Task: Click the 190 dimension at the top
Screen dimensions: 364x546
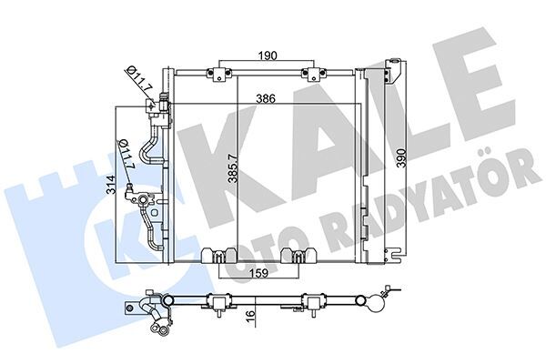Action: tap(264, 56)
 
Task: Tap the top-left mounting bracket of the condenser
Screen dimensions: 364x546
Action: tap(218, 73)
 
